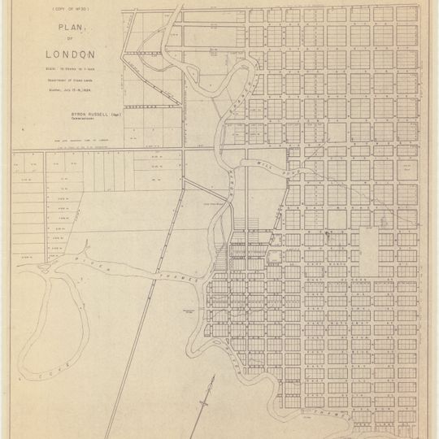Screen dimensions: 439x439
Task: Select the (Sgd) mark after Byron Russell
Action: tap(115, 116)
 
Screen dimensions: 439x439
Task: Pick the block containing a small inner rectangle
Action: tap(272, 259)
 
